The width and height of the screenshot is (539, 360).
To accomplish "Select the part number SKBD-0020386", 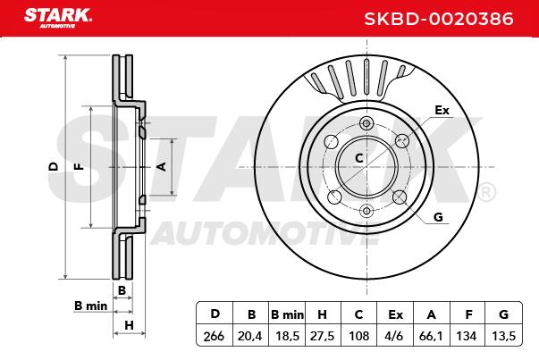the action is [x=439, y=19].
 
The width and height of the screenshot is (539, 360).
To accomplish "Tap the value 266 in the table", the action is [x=214, y=336].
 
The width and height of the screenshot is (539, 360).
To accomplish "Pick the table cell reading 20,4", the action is [x=250, y=336].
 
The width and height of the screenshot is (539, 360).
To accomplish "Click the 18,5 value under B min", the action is [x=287, y=336].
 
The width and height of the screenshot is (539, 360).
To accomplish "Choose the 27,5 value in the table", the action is [x=322, y=336].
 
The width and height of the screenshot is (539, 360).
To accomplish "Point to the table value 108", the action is [x=358, y=336].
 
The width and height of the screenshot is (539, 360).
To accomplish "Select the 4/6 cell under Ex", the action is [x=395, y=336].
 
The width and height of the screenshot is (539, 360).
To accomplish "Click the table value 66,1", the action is [x=431, y=336].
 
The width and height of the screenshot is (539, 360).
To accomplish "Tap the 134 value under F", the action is [x=466, y=336].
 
